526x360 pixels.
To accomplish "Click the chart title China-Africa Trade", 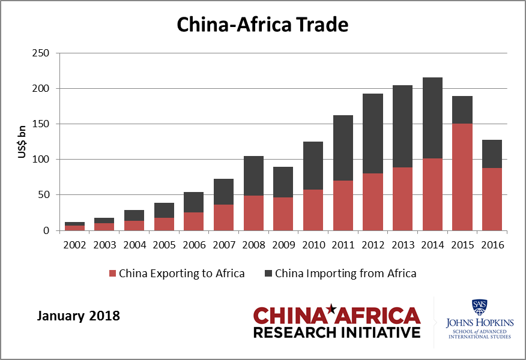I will (262, 25).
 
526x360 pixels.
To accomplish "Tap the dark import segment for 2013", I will (402, 126).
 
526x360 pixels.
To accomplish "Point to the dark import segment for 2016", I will (492, 154).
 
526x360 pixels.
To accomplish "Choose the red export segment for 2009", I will (283, 214).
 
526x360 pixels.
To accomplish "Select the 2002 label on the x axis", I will (75, 245).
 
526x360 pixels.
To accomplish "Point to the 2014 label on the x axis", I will (432, 245).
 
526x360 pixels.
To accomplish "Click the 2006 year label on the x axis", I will (194, 245).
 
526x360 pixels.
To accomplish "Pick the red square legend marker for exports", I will (112, 274).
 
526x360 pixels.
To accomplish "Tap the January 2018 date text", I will (79, 315).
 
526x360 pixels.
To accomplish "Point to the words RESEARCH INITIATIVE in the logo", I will (337, 332).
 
